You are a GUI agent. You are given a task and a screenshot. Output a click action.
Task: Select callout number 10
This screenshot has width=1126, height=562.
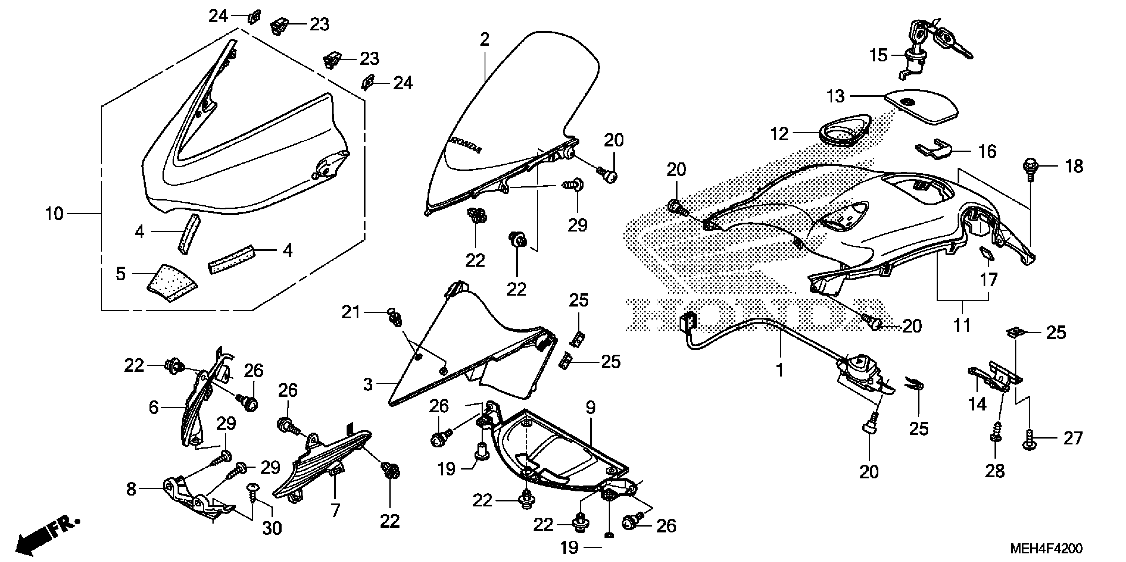pyautogui.click(x=55, y=214)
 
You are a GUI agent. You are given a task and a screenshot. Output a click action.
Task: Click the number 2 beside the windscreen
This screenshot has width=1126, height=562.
pyautogui.click(x=484, y=40)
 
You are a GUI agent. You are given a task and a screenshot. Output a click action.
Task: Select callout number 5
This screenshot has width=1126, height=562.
pyautogui.click(x=121, y=274)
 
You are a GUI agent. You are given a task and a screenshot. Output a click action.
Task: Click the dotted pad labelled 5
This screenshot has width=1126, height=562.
pyautogui.click(x=171, y=283)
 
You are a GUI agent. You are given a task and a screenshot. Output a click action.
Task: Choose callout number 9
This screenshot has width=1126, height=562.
pyautogui.click(x=591, y=408)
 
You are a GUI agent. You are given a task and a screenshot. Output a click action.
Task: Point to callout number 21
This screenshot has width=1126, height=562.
pyautogui.click(x=351, y=313)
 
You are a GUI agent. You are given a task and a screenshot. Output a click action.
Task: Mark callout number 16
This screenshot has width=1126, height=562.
pyautogui.click(x=987, y=151)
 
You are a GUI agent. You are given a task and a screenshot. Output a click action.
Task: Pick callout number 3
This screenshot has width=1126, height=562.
pyautogui.click(x=368, y=384)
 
